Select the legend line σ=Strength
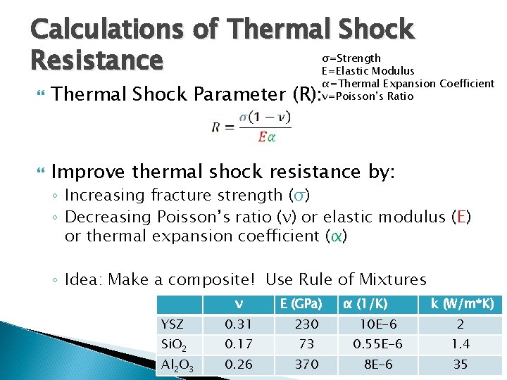[351, 58]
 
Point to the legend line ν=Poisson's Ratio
[367, 96]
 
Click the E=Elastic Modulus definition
[368, 70]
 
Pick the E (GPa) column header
[301, 304]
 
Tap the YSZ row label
[173, 324]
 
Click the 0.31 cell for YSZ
[239, 324]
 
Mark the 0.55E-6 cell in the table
[377, 345]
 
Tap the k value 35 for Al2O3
[461, 365]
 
